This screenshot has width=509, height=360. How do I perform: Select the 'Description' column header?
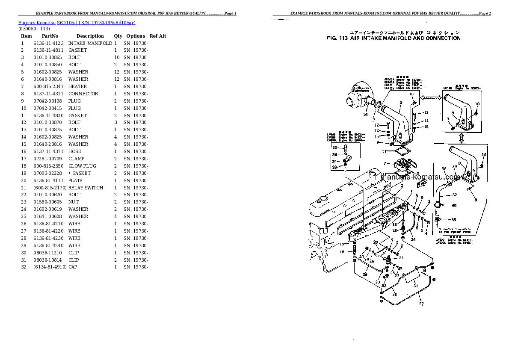point(90,36)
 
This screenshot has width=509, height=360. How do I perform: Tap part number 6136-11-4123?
point(48,43)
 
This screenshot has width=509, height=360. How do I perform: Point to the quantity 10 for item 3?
point(116,57)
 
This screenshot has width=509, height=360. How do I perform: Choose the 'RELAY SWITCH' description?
point(86,188)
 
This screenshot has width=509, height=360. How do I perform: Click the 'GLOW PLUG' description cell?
point(82,166)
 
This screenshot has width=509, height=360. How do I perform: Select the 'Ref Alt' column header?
point(158,36)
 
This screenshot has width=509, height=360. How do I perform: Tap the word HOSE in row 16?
point(74,151)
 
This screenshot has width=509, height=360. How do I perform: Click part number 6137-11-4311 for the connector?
point(48,94)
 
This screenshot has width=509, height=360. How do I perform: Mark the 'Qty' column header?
point(118,36)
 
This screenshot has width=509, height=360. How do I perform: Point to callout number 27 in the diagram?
point(421,304)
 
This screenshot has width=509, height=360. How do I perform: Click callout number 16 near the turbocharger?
point(365,115)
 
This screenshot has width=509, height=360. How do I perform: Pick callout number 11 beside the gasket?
point(384,151)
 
